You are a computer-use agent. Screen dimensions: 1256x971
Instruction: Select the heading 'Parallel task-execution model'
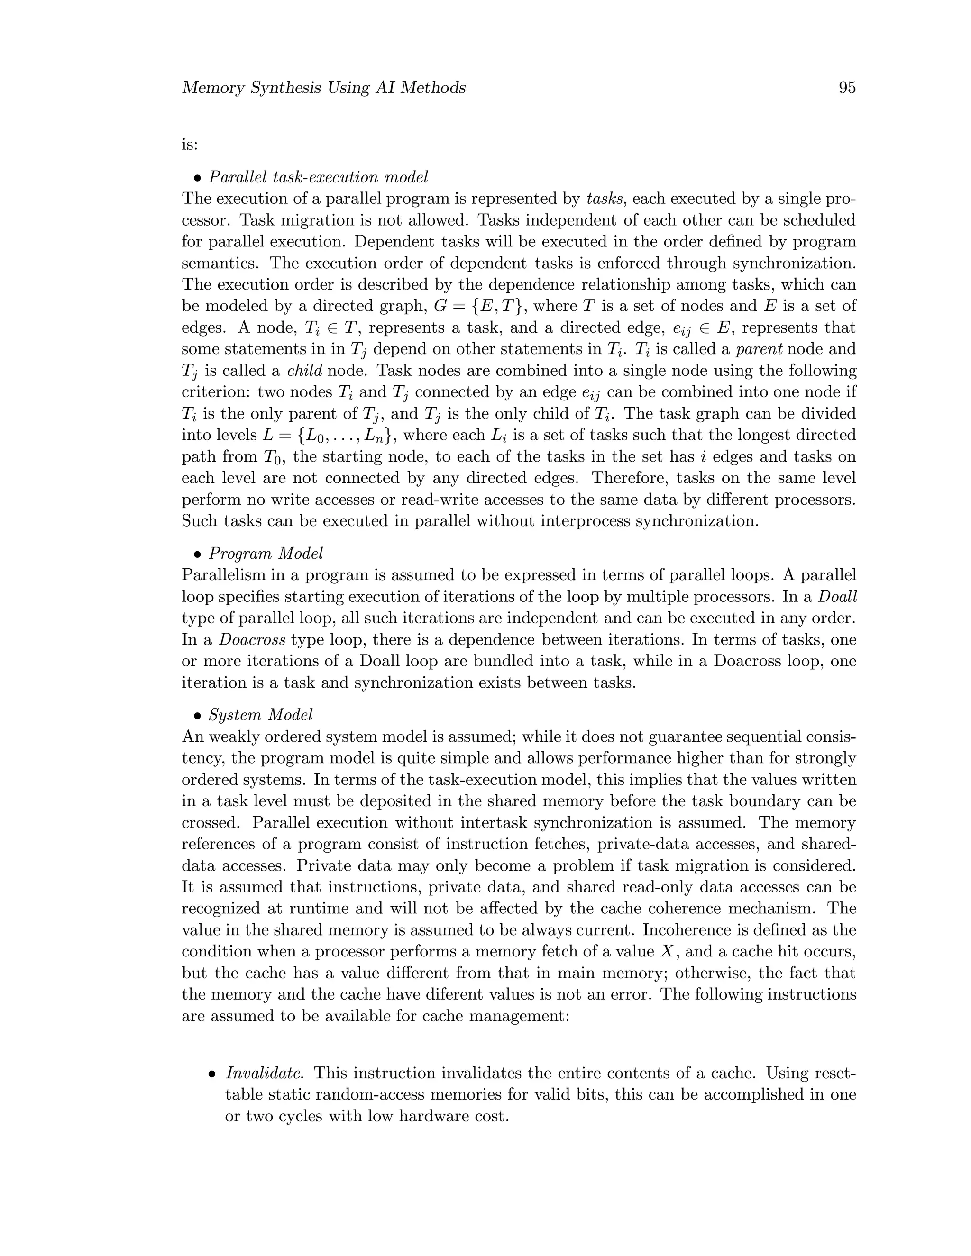[x=318, y=177]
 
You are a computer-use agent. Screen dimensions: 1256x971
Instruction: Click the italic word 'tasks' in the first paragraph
[x=605, y=199]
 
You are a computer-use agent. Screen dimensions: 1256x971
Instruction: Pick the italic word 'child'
[x=304, y=371]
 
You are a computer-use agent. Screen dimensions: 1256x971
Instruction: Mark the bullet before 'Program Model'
[x=197, y=555]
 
